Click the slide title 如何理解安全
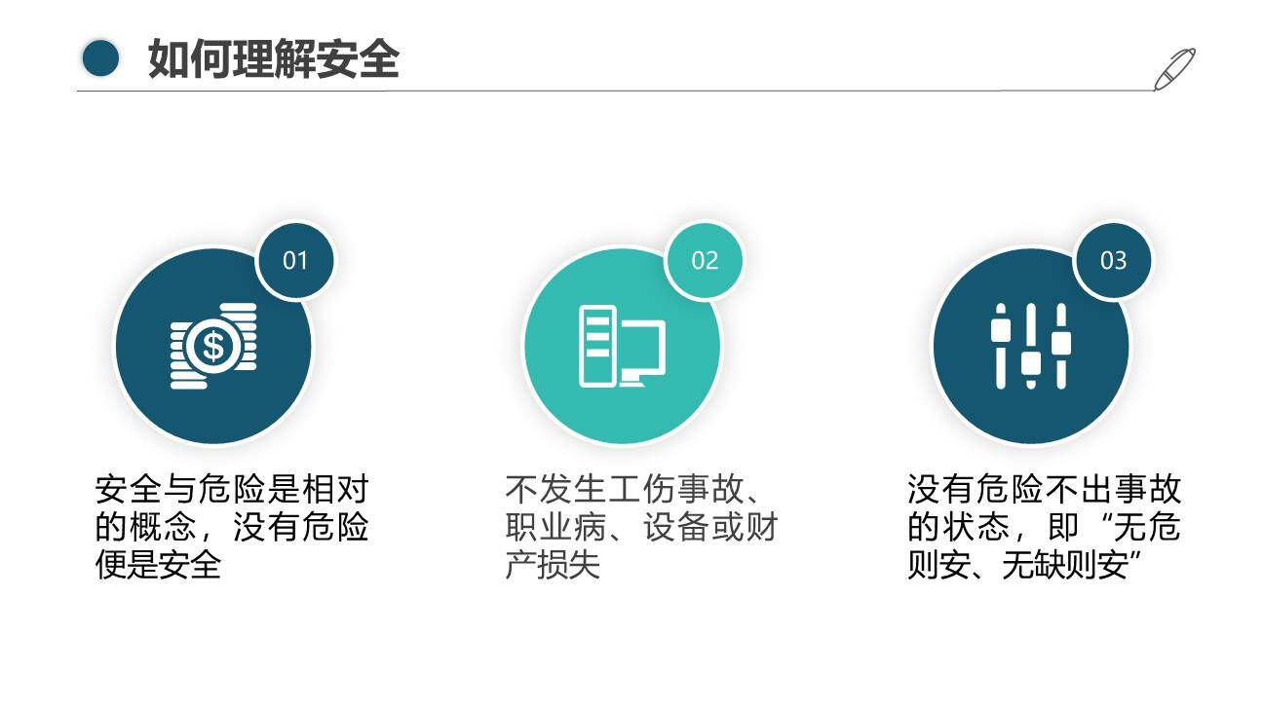click(274, 59)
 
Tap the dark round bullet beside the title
click(100, 58)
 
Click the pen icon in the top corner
click(1174, 68)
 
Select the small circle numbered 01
click(295, 260)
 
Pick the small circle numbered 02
click(705, 260)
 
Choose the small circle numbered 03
click(1113, 260)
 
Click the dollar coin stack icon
click(213, 346)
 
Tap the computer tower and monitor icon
click(622, 346)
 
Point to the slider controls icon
click(1031, 346)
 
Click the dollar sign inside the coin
click(211, 346)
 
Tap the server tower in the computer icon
click(596, 346)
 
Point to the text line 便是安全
click(158, 565)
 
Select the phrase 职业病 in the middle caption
click(552, 527)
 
